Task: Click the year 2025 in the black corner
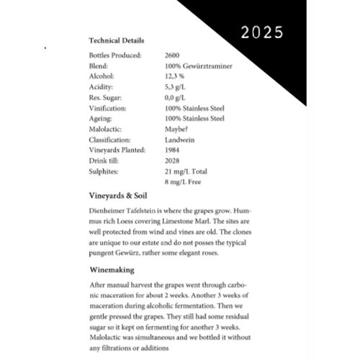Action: click(262, 33)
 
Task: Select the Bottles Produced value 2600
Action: click(172, 55)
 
